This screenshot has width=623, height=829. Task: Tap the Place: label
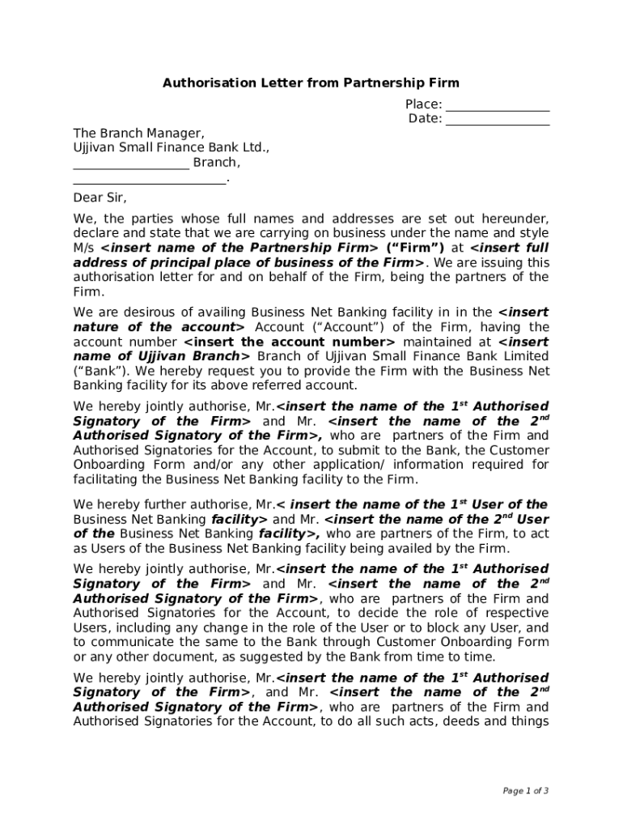coord(423,104)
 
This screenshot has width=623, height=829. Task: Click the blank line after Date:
coord(497,120)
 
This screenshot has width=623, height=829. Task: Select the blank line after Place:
coord(497,105)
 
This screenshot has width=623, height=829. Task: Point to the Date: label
coord(425,119)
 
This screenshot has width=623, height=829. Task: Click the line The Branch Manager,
coord(138,134)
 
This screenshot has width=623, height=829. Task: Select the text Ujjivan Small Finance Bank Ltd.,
coord(171,148)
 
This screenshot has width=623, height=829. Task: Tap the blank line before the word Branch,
coord(131,164)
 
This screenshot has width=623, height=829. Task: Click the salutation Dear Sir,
coord(100,198)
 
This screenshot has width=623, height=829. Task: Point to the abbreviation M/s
coord(84,248)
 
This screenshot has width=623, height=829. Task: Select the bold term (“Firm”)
coord(415,248)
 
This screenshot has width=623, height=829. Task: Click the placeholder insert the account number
coord(290,342)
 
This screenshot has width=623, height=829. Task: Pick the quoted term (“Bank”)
coord(94,372)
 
